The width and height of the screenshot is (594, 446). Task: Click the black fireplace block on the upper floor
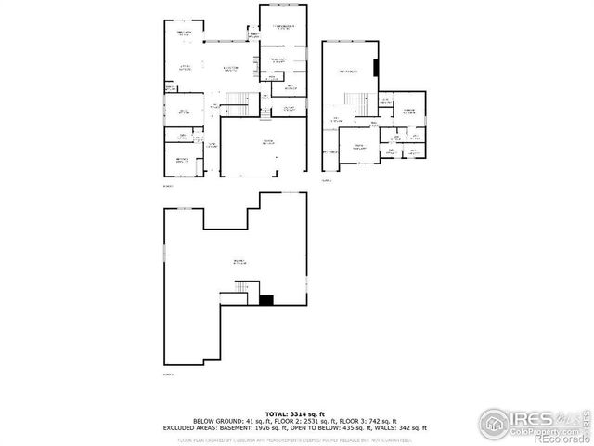click(x=376, y=71)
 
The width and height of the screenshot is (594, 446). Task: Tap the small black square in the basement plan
click(x=266, y=299)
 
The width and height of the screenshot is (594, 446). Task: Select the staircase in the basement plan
click(x=240, y=293)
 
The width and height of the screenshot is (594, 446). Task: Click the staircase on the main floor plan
click(x=239, y=101)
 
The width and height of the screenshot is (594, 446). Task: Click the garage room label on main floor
click(x=268, y=142)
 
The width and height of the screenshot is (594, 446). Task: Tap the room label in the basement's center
click(x=239, y=264)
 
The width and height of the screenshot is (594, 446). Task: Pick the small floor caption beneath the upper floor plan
click(x=327, y=181)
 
